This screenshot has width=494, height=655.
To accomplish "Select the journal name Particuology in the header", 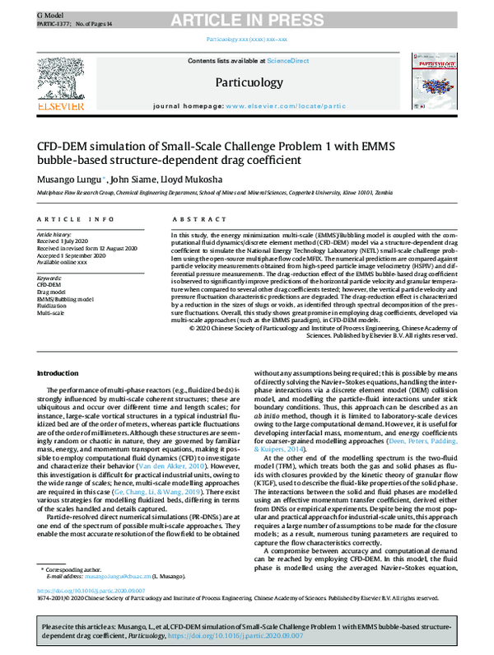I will [246, 82].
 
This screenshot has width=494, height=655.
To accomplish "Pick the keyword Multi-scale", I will [52, 313].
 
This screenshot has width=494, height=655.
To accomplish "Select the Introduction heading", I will [58, 373].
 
